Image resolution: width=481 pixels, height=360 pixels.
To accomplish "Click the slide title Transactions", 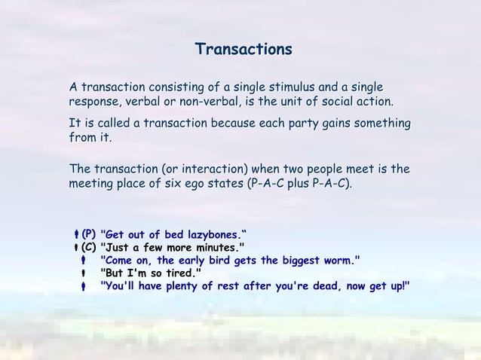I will pos(243,50).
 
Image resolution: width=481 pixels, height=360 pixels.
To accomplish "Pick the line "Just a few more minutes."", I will pos(173,246).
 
